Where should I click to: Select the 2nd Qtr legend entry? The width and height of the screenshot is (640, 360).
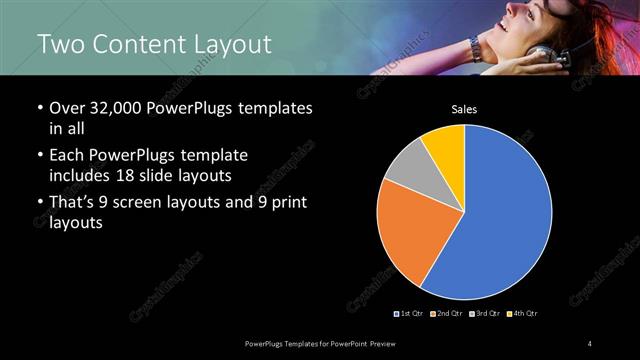coord(446,314)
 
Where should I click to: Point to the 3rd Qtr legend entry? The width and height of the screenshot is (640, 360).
coord(484,314)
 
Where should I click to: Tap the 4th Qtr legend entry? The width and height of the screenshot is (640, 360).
coord(523,314)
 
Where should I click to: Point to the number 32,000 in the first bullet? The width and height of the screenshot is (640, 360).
coord(111,108)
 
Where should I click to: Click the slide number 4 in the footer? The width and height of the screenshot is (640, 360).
coord(590,344)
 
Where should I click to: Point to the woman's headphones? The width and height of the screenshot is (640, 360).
coord(540,55)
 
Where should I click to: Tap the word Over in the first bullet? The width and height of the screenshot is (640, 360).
coord(67,108)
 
